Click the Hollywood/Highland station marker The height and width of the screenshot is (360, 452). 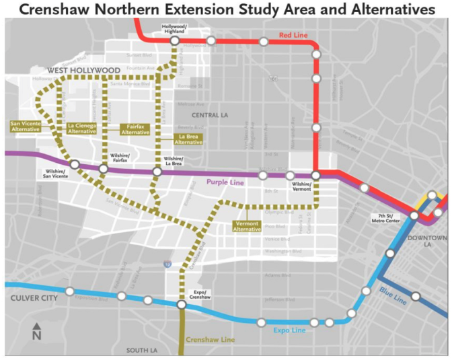[174, 41]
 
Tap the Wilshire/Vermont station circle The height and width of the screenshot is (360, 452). [315, 176]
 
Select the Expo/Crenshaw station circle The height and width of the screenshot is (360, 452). [182, 305]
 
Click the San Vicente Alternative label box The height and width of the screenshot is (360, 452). [26, 127]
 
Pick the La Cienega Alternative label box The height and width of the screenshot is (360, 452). [81, 128]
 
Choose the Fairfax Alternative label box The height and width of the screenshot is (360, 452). [136, 129]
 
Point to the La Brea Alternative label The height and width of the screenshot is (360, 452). [188, 139]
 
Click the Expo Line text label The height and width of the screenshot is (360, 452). [290, 330]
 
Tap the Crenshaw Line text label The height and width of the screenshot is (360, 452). [210, 340]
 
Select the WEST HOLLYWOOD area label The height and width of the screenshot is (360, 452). [83, 70]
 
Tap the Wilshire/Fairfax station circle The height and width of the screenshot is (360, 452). [103, 168]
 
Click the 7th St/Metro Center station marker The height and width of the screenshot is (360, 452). [415, 215]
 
